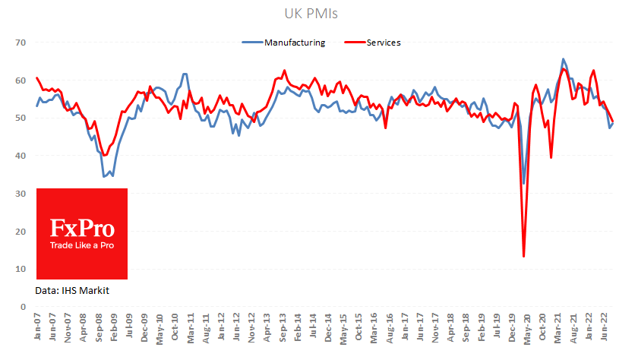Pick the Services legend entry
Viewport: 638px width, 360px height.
click(x=383, y=43)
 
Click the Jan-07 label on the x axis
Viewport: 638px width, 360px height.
click(x=37, y=328)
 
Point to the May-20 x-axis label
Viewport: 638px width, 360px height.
click(x=525, y=328)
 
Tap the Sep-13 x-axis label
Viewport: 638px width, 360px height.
click(x=282, y=328)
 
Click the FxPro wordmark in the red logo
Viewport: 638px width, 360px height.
click(x=82, y=228)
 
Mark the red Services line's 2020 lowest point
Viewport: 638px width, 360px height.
click(x=524, y=256)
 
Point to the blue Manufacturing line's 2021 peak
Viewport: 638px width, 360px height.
click(x=563, y=59)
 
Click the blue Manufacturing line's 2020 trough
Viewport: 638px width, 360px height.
click(x=524, y=183)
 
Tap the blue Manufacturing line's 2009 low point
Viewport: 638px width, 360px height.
click(x=104, y=176)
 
